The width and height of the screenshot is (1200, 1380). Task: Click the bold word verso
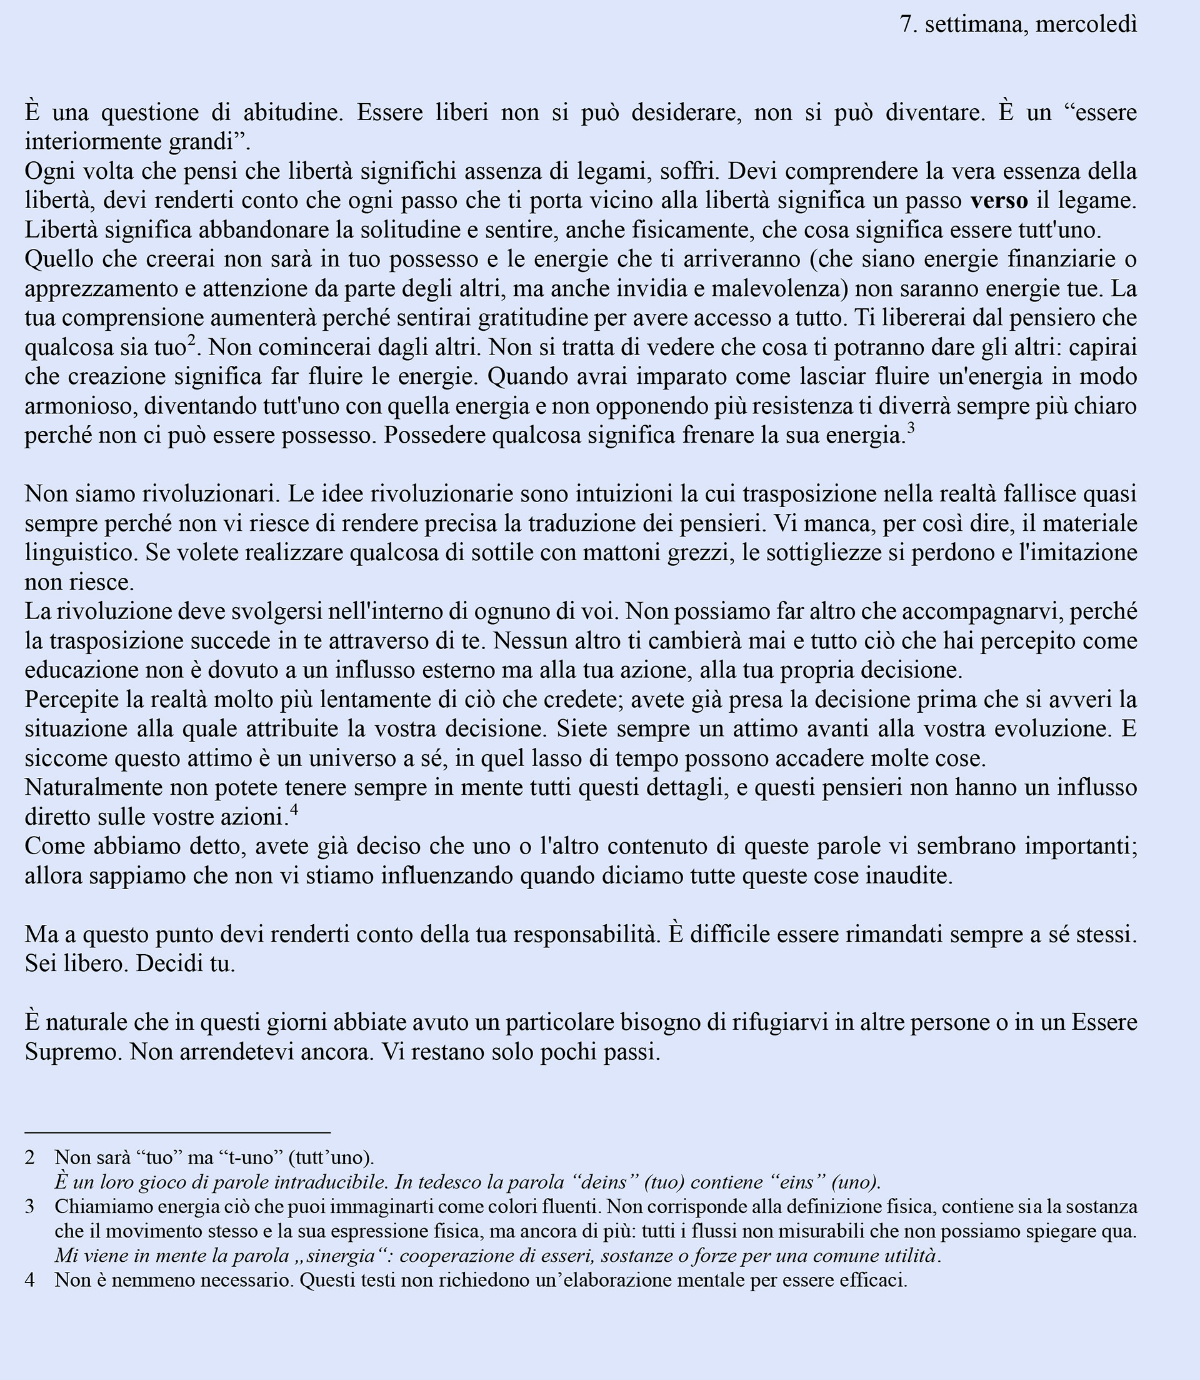point(999,201)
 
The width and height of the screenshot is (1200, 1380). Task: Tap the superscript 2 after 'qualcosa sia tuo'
point(191,341)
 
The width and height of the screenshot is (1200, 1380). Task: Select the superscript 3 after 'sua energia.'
point(911,429)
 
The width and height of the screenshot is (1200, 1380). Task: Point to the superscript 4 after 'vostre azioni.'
point(294,810)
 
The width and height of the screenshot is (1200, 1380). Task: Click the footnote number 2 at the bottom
point(29,1157)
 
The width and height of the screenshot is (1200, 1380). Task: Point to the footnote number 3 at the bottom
point(29,1207)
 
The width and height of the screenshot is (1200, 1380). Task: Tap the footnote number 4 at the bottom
point(29,1281)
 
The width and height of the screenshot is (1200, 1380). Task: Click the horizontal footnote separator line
point(177,1132)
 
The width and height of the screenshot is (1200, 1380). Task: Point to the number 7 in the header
point(907,25)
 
